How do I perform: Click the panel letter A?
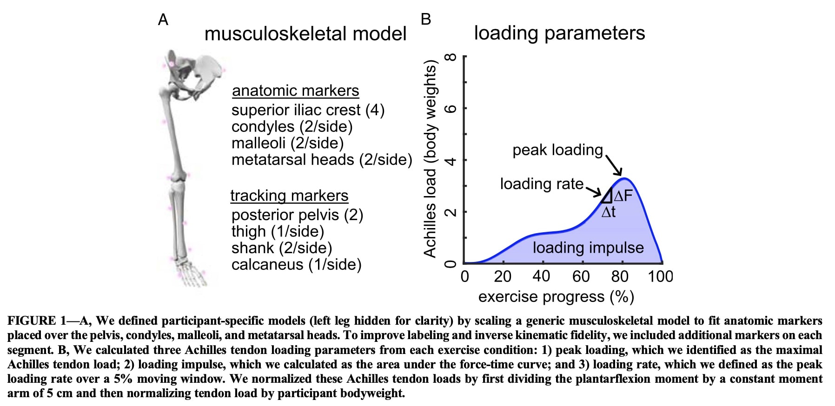[x=163, y=20]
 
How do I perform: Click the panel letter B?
[x=425, y=20]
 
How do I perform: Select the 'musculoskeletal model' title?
[x=305, y=34]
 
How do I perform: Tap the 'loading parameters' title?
[x=559, y=33]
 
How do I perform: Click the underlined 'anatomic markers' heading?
[x=295, y=91]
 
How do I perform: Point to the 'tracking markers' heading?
[x=289, y=196]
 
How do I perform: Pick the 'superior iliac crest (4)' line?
[x=308, y=110]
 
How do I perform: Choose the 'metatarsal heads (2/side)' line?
[x=322, y=160]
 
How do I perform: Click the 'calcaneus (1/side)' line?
[x=296, y=264]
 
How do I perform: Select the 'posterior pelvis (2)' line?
[x=297, y=215]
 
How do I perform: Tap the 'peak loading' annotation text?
[x=557, y=150]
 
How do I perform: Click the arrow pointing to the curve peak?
[x=614, y=165]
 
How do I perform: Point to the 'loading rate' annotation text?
[x=542, y=184]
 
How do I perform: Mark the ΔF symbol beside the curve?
[x=623, y=196]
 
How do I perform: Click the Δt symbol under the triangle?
[x=608, y=212]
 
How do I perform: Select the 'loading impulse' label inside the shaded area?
[x=588, y=248]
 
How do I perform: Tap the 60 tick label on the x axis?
[x=581, y=277]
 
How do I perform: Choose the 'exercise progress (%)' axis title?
[x=556, y=297]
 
